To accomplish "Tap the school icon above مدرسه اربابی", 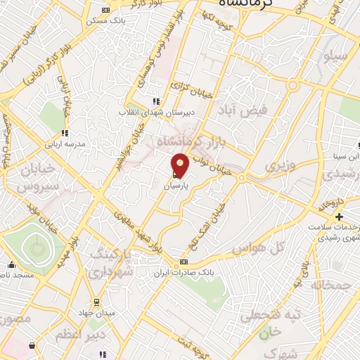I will pyautogui.click(x=64, y=132).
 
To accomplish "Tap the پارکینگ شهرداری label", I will pyautogui.click(x=112, y=261).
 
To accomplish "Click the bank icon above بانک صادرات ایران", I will pyautogui.click(x=184, y=261).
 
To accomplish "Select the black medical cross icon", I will pyautogui.click(x=339, y=216).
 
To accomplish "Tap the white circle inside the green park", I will pyautogui.click(x=34, y=247).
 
